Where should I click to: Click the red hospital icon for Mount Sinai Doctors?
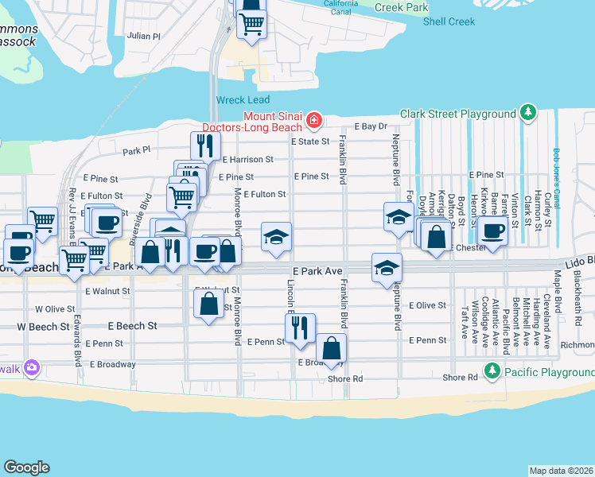(315, 121)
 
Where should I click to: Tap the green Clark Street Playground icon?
(527, 114)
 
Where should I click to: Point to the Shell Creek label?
(449, 21)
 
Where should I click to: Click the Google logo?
(26, 467)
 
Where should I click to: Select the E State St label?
(309, 142)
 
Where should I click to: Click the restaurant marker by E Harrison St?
(205, 146)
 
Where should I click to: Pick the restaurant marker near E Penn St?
(300, 328)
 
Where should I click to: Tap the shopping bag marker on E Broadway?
(331, 348)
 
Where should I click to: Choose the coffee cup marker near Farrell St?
(492, 231)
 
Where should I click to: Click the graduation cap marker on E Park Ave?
(387, 268)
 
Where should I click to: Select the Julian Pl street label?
(143, 37)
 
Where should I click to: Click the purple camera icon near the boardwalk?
(32, 367)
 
